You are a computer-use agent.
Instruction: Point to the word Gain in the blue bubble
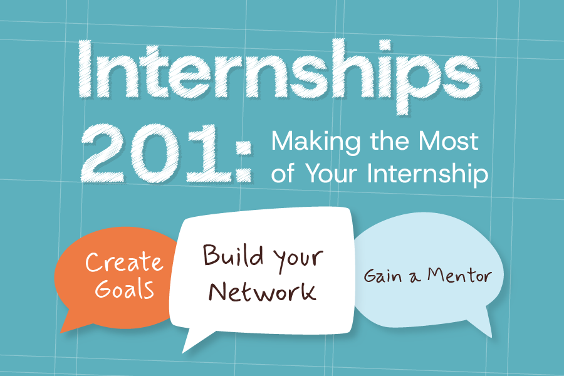pos(382,276)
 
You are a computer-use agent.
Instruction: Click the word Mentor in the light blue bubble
pos(460,275)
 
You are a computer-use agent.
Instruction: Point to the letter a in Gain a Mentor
pos(413,277)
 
